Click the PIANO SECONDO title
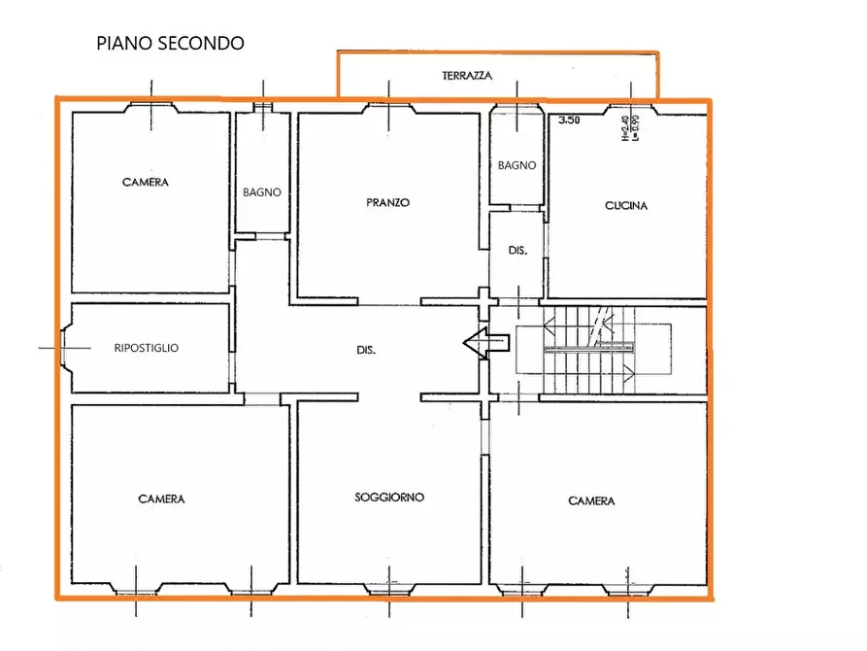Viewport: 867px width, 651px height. pos(170,44)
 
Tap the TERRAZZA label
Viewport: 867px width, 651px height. pos(467,75)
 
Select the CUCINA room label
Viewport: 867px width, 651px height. pos(625,205)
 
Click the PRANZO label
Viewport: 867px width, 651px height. pos(387,203)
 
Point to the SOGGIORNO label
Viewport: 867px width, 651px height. pos(388,497)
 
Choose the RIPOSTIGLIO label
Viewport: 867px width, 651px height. pos(146,348)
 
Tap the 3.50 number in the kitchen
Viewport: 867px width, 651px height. pos(567,120)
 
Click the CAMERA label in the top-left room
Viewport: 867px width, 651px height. pos(146,182)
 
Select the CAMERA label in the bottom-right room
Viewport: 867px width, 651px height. pos(591,500)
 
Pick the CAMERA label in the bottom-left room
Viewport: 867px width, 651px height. pos(161,498)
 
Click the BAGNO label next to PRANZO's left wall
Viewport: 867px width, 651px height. pos(262,192)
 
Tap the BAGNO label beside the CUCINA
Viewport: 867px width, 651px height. pos(517,165)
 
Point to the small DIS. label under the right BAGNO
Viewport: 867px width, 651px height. pos(517,251)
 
